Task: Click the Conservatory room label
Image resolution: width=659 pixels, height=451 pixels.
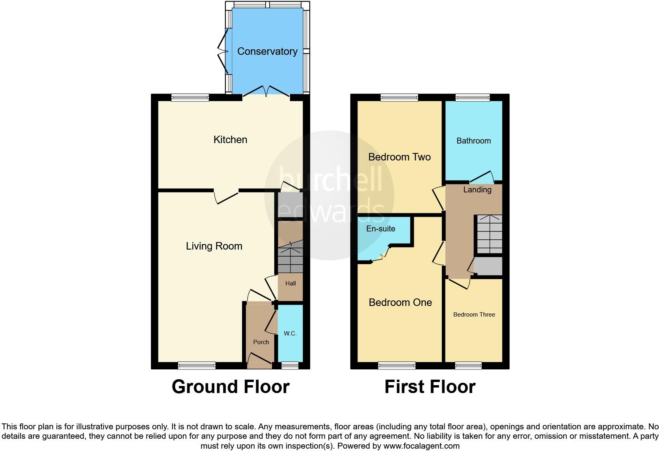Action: pos(267,51)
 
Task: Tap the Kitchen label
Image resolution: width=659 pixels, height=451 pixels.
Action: pos(230,140)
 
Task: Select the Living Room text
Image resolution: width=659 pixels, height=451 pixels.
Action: pos(214,246)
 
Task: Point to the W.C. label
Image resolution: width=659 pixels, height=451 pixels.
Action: pos(290,334)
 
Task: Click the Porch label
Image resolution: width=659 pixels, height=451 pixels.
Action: pos(261,342)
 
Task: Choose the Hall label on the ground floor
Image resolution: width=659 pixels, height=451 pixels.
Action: pos(290,283)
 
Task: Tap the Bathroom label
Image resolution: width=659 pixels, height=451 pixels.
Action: pos(473,141)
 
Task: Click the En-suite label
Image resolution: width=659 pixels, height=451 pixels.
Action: pos(380,229)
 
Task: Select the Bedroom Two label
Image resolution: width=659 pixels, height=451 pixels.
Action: pos(399,157)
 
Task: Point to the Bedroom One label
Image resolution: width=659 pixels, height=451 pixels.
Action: pos(400,302)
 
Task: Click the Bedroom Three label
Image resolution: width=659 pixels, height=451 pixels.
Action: pos(474,315)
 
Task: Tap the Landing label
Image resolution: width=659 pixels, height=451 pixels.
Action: pos(477,190)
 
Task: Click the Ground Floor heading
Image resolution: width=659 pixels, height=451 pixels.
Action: pos(231,387)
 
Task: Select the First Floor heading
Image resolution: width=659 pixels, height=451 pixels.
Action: pos(430,387)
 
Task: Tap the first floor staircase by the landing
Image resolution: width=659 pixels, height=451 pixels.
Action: pos(490,234)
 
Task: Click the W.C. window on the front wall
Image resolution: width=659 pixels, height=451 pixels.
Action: pos(290,366)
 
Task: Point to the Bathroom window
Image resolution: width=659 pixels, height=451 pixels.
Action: pos(473,97)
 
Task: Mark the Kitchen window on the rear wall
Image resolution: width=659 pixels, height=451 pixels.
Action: pos(190,97)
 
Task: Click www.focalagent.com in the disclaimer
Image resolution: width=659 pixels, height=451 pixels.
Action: pos(421,446)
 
